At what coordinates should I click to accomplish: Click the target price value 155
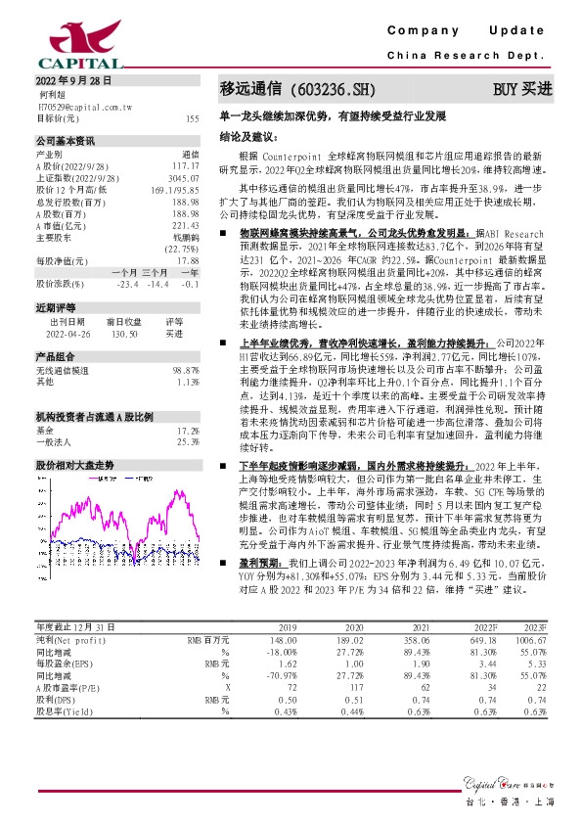pyautogui.click(x=192, y=118)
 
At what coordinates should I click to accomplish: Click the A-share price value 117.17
pyautogui.click(x=184, y=166)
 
